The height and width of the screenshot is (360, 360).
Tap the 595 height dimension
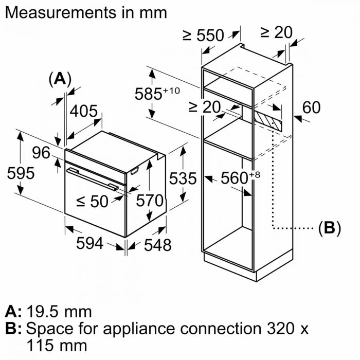(x=21, y=173)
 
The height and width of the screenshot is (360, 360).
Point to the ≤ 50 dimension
(x=93, y=201)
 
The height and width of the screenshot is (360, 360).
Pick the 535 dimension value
(x=183, y=178)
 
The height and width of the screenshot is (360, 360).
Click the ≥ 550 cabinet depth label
(x=203, y=35)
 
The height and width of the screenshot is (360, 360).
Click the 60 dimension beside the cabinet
(x=311, y=107)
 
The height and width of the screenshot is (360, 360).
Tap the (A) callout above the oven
(x=60, y=79)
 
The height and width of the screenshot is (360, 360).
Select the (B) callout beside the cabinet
(x=329, y=228)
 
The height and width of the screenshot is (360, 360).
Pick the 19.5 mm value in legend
(x=59, y=312)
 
